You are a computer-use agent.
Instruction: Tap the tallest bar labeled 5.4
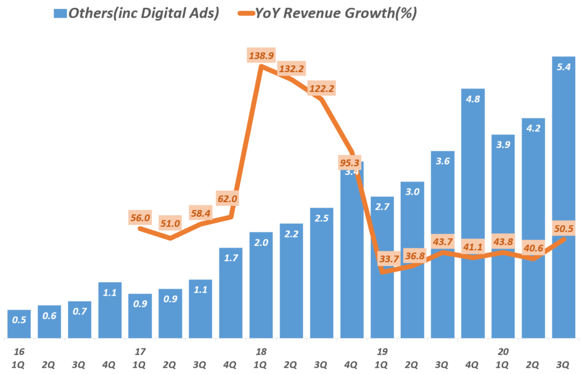coord(564,199)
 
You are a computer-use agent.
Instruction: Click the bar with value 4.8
coord(473,216)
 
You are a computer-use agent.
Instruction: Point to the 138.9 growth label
coord(261,56)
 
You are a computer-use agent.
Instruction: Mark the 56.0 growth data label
coord(140,217)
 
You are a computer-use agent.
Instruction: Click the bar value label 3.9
coord(503,145)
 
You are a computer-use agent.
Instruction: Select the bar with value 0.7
coord(80,321)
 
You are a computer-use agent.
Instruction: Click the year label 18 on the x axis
coord(261,352)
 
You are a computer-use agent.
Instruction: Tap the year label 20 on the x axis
coord(503,352)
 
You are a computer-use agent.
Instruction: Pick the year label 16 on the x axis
coord(19,352)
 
